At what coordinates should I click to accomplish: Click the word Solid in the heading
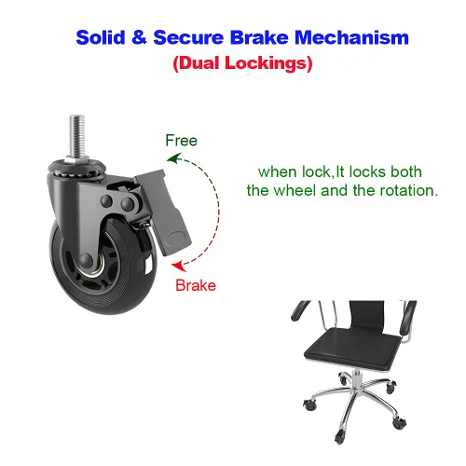tap(101, 37)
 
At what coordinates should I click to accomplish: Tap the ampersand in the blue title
tap(139, 37)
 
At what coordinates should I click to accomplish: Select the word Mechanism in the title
tap(351, 37)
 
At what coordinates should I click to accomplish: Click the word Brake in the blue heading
tap(259, 37)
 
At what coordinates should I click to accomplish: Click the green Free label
tap(182, 141)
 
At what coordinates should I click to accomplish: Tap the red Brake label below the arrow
tap(196, 285)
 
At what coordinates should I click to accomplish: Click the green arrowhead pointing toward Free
tap(173, 158)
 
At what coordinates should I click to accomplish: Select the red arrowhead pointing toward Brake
tap(179, 266)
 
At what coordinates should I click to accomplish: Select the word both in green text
tap(406, 171)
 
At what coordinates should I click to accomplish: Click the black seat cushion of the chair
tap(353, 348)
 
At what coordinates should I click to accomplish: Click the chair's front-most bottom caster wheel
tap(339, 436)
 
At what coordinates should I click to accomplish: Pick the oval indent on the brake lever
tap(176, 239)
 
